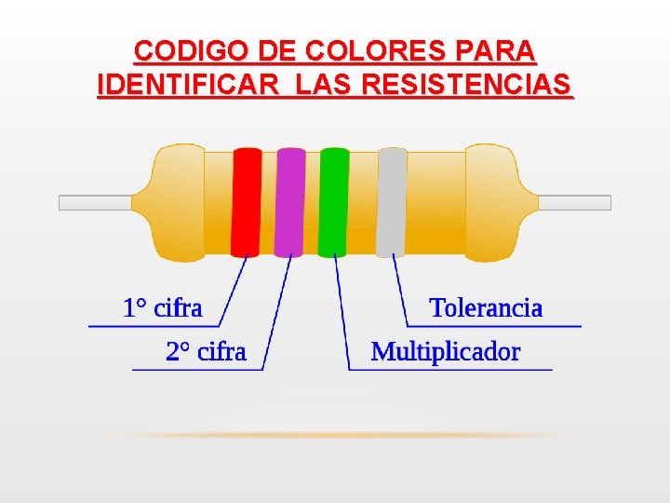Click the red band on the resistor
[x=246, y=201]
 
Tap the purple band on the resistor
[x=289, y=201]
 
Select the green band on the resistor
[x=333, y=201]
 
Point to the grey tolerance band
[x=392, y=201]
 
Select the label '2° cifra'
[x=206, y=351]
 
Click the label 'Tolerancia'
[x=486, y=307]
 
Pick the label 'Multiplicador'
[x=446, y=351]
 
